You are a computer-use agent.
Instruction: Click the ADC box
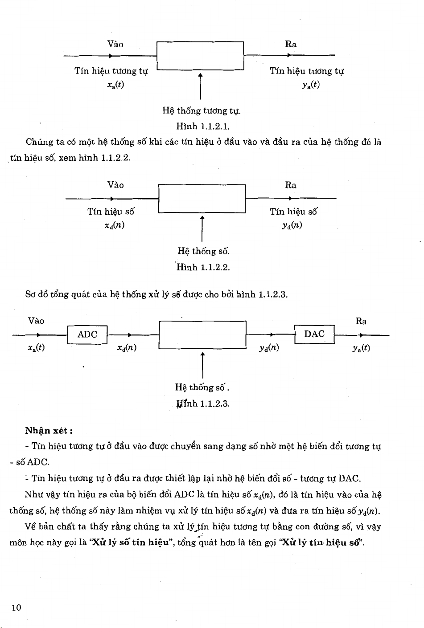[x=87, y=335]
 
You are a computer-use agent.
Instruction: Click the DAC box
[x=314, y=334]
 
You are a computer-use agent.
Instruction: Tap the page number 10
[x=16, y=608]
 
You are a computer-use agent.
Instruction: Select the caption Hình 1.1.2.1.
[x=203, y=127]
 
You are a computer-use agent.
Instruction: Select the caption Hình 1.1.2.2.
[x=203, y=268]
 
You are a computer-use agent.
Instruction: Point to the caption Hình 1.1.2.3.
[x=203, y=404]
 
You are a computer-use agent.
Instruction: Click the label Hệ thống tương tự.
[x=202, y=110]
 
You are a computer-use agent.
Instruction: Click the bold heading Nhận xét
[x=49, y=431]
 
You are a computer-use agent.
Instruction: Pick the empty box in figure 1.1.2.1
[x=200, y=56]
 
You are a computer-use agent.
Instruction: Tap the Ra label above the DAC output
[x=361, y=321]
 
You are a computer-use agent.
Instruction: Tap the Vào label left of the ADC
[x=36, y=321]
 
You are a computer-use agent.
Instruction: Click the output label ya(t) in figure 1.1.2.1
[x=310, y=85]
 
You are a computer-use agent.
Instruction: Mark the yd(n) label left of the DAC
[x=269, y=347]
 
